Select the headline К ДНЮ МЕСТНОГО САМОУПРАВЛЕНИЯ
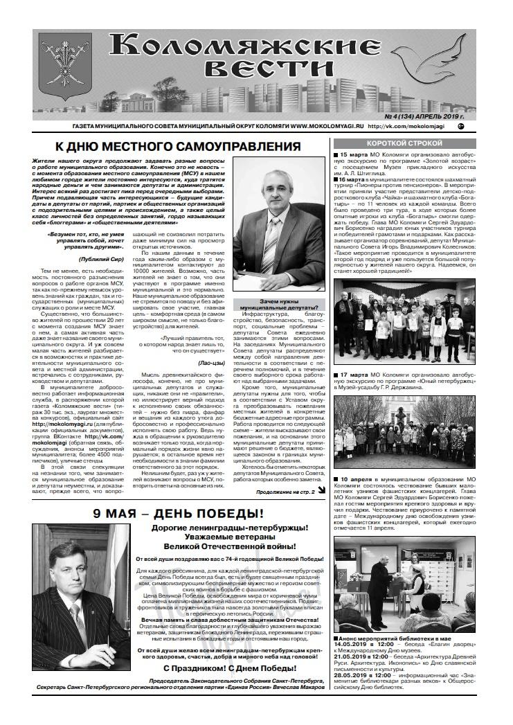177,147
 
